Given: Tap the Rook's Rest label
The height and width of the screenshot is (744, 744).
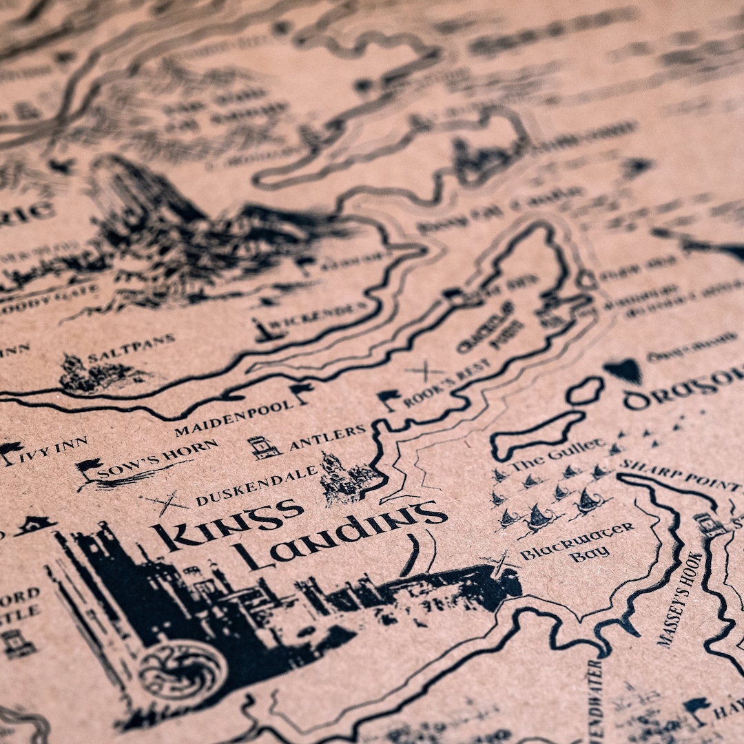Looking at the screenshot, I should (447, 382).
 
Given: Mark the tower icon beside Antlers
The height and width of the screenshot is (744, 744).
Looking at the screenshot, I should (264, 447).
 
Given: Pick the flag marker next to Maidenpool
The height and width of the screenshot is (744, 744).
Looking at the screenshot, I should (301, 393).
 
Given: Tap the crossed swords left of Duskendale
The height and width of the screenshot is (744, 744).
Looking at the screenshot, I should (166, 502).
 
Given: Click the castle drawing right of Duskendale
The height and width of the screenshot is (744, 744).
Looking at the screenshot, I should (348, 477).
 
